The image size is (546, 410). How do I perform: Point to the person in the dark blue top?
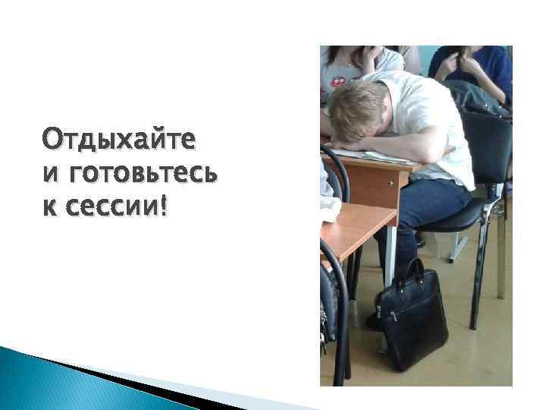(x=478, y=68)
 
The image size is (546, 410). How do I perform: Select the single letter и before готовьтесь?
(x=49, y=174)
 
